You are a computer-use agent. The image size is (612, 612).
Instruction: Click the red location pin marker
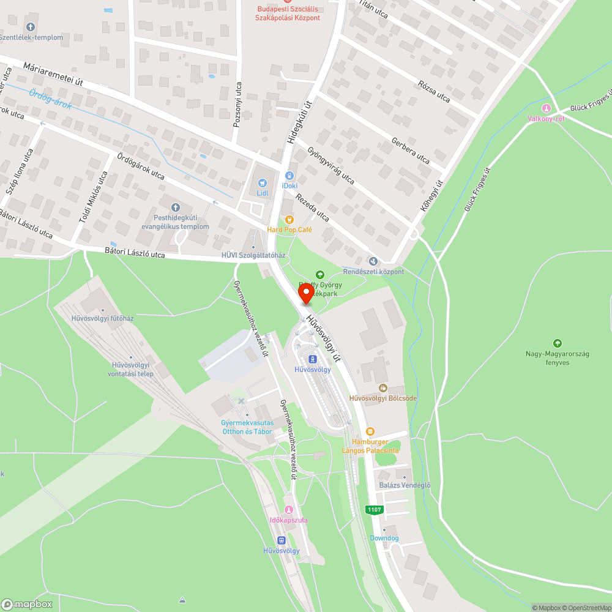click(305, 293)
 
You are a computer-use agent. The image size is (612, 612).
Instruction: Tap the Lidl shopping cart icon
click(263, 182)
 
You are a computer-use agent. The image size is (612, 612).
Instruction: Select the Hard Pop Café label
click(289, 229)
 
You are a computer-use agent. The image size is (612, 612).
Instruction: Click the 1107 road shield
click(374, 509)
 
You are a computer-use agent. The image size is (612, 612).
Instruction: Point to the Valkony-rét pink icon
click(547, 108)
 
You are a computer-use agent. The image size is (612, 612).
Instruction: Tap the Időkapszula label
click(288, 520)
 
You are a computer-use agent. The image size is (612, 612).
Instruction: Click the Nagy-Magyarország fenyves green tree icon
click(556, 343)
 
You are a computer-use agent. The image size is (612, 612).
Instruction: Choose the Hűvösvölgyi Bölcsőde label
click(382, 398)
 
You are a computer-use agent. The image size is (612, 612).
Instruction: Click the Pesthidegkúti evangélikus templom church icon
click(176, 207)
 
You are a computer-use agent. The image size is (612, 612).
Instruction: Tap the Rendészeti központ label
click(373, 271)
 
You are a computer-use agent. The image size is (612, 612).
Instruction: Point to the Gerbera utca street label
click(411, 149)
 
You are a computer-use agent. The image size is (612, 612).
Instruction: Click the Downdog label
click(384, 538)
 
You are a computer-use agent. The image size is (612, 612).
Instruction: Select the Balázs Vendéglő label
click(405, 485)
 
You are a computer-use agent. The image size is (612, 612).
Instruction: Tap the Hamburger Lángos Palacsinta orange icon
click(370, 431)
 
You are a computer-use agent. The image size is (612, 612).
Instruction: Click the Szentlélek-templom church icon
click(31, 27)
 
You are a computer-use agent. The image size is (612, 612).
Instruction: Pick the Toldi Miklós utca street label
click(94, 196)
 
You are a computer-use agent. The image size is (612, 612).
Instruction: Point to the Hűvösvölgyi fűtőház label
click(102, 318)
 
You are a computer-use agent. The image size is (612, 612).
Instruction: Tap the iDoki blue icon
click(289, 176)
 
